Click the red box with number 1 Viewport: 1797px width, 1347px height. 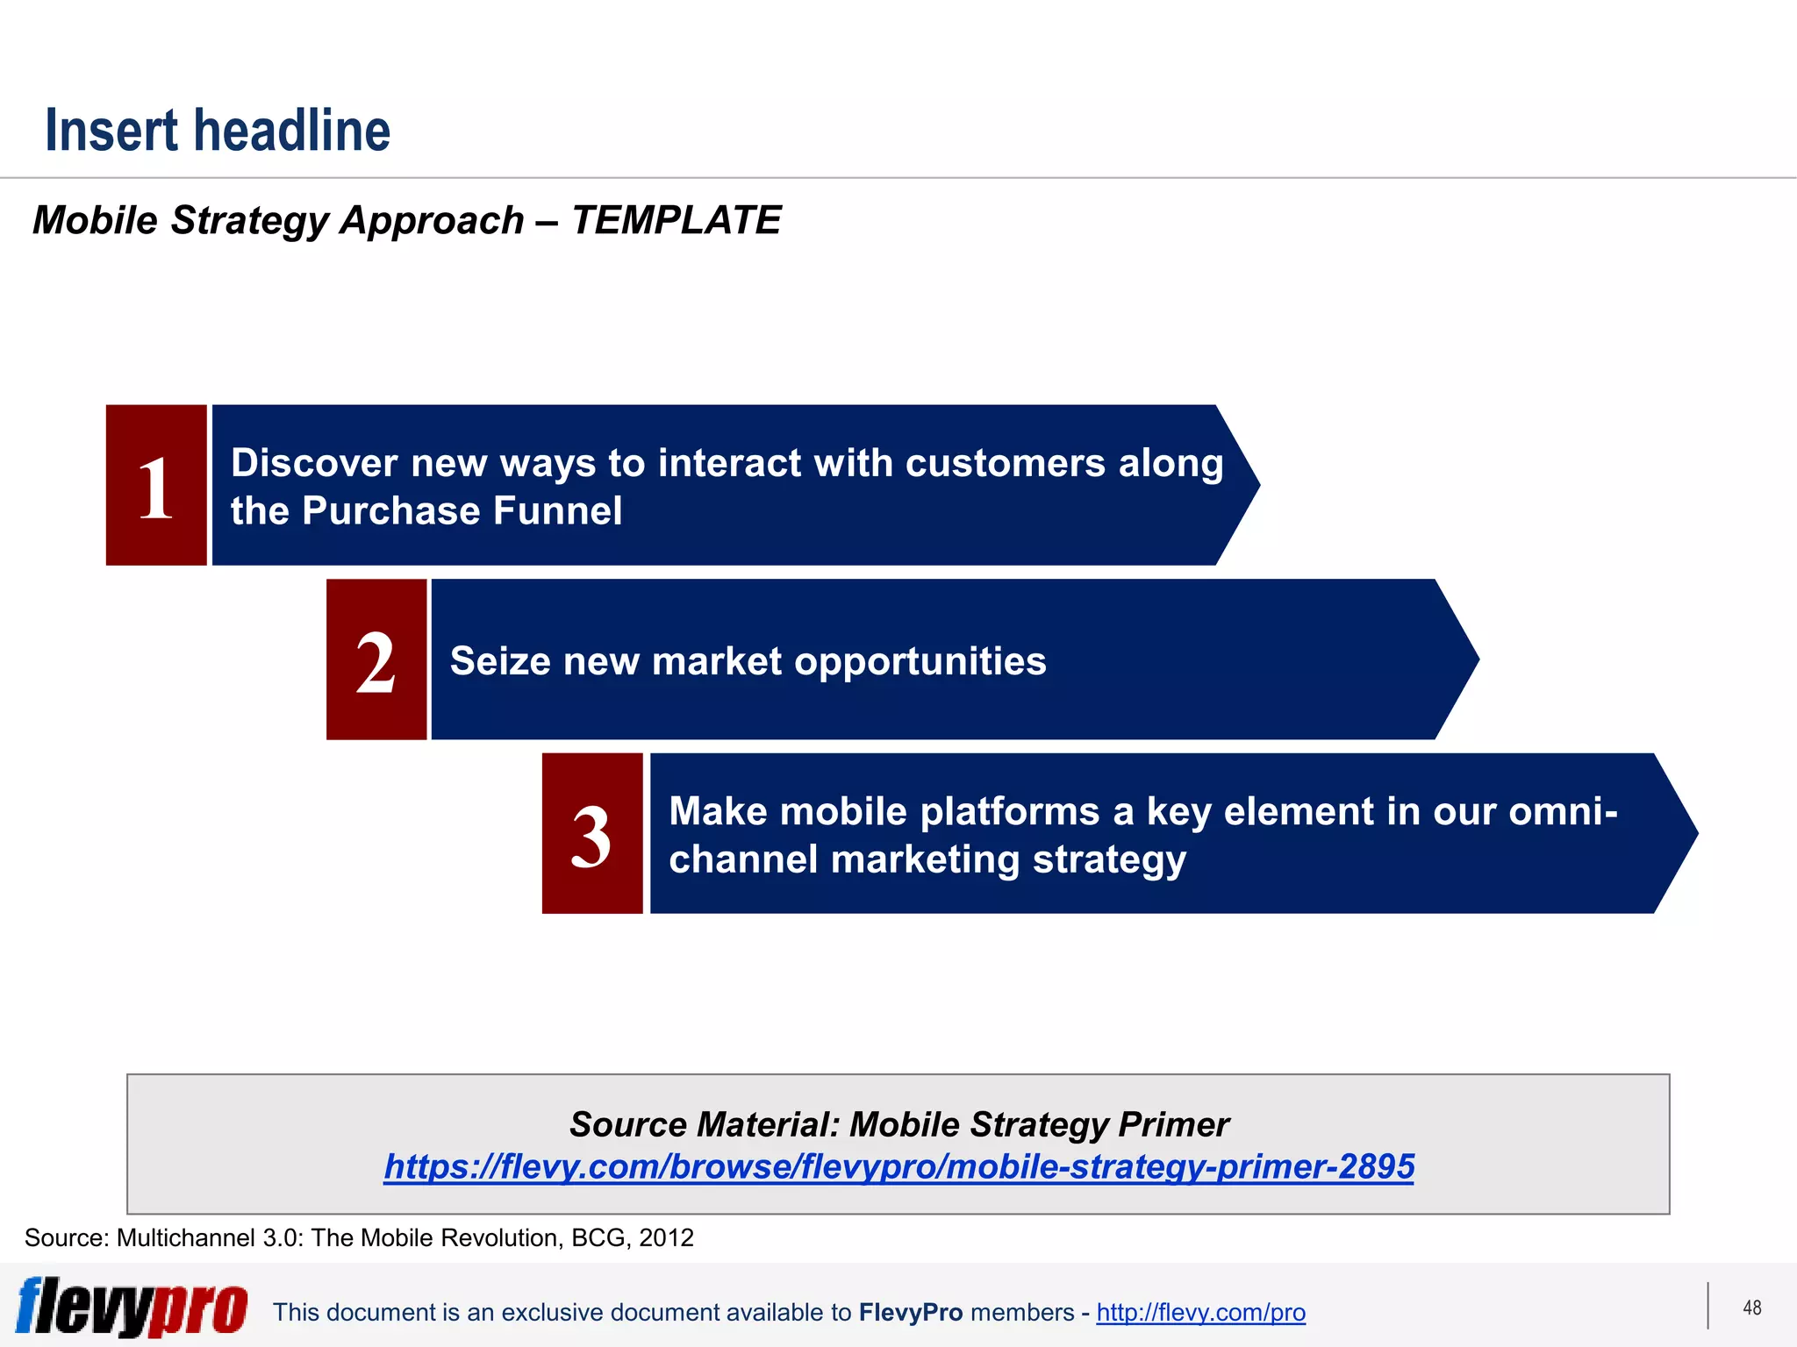[x=156, y=485]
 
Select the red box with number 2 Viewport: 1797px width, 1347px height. [x=376, y=659]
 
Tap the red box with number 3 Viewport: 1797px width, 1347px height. [x=592, y=833]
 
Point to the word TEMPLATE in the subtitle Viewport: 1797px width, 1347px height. [x=676, y=220]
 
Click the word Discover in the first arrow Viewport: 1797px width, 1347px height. [x=313, y=463]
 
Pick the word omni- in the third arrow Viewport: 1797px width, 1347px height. [x=1563, y=811]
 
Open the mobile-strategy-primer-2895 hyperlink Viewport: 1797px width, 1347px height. [x=898, y=1166]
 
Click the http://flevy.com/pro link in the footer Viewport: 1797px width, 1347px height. [x=1200, y=1312]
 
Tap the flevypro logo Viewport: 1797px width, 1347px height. [x=132, y=1306]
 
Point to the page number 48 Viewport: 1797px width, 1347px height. [x=1751, y=1308]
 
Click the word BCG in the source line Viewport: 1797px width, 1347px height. [x=598, y=1237]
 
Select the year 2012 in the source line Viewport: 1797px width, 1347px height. [x=666, y=1237]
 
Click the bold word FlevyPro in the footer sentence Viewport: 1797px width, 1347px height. [x=910, y=1312]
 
